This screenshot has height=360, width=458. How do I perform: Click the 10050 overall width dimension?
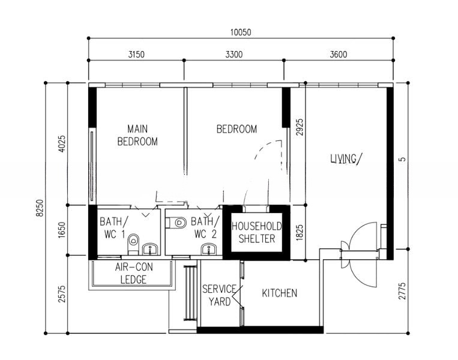coord(240,32)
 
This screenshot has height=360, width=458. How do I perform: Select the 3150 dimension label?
coord(136,55)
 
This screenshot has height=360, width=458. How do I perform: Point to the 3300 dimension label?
coord(234,55)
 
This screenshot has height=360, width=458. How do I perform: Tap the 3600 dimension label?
coord(339,55)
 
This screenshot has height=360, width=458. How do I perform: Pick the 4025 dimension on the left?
coord(62,143)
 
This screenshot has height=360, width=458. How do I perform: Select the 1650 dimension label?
coord(62,230)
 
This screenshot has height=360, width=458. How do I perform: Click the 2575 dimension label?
coord(62,294)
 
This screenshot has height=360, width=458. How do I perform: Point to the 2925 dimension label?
coord(300,127)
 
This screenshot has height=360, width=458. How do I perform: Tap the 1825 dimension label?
coord(300,233)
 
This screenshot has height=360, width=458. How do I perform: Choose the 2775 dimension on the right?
coord(402,291)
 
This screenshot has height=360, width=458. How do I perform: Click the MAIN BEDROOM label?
coord(137,135)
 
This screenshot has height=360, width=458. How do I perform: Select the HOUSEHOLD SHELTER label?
coord(257,232)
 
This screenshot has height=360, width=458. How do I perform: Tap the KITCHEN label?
coord(280,293)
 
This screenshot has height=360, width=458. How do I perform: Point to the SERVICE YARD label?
coord(220,295)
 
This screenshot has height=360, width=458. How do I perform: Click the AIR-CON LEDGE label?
coord(133,273)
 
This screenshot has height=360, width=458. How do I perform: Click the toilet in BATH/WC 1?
coord(133,244)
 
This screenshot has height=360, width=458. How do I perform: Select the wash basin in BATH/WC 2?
coord(209,249)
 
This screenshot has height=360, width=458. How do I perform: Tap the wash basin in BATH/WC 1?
coord(150,249)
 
